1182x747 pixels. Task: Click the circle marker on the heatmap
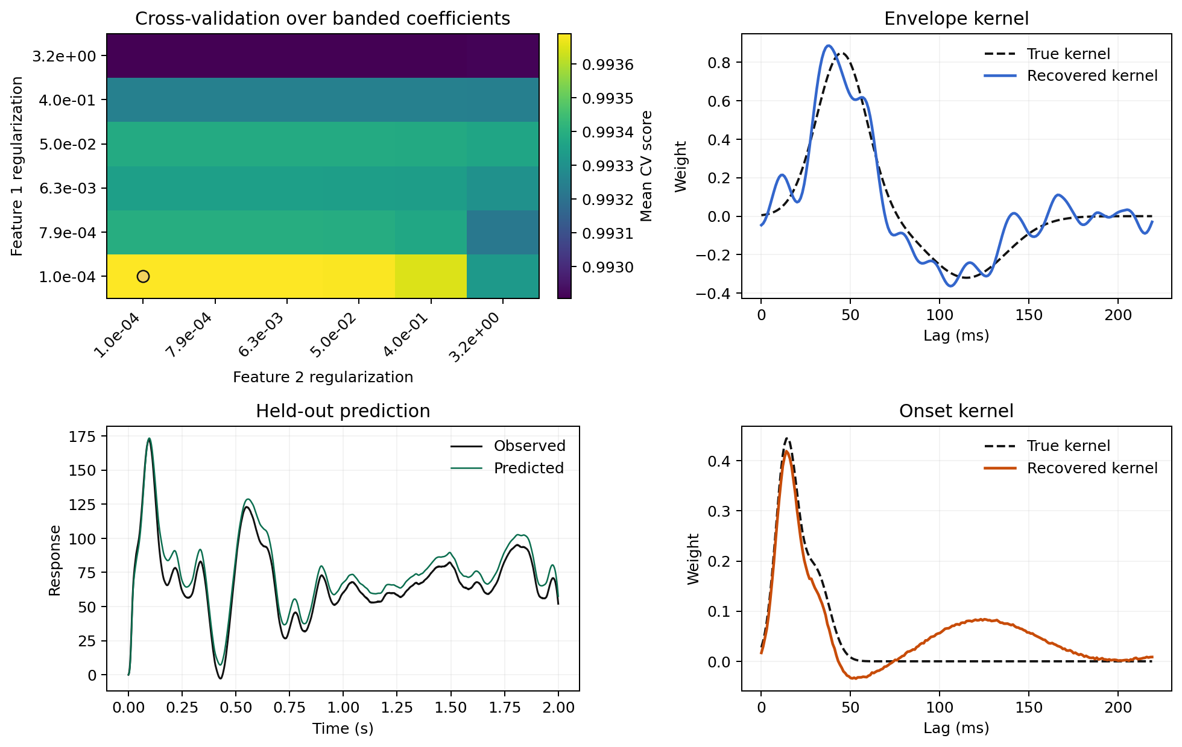coord(143,276)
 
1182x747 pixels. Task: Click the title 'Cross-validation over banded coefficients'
coord(323,19)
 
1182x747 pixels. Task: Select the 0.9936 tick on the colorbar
coord(608,65)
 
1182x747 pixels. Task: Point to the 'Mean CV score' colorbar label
coord(646,166)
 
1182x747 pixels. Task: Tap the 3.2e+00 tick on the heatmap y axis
coord(64,56)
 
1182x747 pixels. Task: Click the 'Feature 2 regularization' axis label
coord(323,377)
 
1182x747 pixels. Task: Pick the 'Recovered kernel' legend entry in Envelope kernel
coord(1092,76)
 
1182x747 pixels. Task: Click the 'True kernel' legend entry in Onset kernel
coord(1068,446)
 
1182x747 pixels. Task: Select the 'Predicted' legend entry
coord(528,468)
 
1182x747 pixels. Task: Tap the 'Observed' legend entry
coord(529,446)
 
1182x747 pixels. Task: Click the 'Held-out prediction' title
coord(343,411)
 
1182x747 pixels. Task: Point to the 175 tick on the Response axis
coord(83,437)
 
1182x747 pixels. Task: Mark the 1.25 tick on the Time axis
coord(397,707)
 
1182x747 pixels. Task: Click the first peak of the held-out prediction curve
coord(150,439)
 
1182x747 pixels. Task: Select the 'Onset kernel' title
coord(956,411)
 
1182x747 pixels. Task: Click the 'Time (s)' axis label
coord(343,728)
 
